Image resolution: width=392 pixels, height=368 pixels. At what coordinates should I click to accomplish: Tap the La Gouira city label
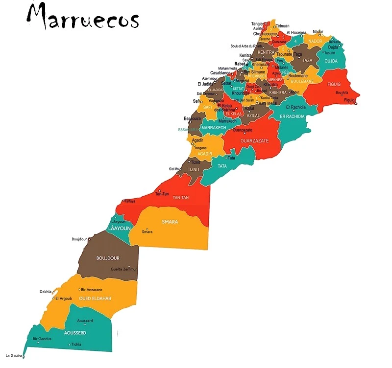(14, 355)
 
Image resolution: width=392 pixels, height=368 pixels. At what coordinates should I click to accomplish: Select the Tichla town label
(76, 344)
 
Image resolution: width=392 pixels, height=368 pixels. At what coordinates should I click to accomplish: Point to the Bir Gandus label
(42, 339)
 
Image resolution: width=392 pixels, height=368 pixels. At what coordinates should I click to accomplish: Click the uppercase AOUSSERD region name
(75, 333)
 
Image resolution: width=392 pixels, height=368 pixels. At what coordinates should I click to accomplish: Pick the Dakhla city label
(46, 292)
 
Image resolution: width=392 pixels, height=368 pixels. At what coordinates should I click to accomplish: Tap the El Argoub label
(64, 298)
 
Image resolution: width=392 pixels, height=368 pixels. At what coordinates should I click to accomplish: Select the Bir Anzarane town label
(92, 289)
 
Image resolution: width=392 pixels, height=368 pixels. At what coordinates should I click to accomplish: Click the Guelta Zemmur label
(124, 269)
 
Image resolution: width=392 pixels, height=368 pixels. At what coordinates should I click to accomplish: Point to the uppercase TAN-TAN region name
(181, 198)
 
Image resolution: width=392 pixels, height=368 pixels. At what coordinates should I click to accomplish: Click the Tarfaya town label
(130, 201)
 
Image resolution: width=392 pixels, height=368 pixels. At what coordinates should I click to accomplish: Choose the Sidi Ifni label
(174, 169)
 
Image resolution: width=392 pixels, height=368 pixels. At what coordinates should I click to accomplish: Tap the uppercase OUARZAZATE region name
(254, 140)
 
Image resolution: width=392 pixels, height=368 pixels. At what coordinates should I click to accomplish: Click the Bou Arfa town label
(342, 92)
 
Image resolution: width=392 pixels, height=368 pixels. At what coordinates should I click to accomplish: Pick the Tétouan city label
(283, 26)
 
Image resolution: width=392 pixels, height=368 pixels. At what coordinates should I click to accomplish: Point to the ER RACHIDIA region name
(293, 116)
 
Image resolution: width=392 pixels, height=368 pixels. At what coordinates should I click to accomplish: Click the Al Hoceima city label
(296, 33)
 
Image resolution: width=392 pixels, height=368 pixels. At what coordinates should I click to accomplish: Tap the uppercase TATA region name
(222, 166)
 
